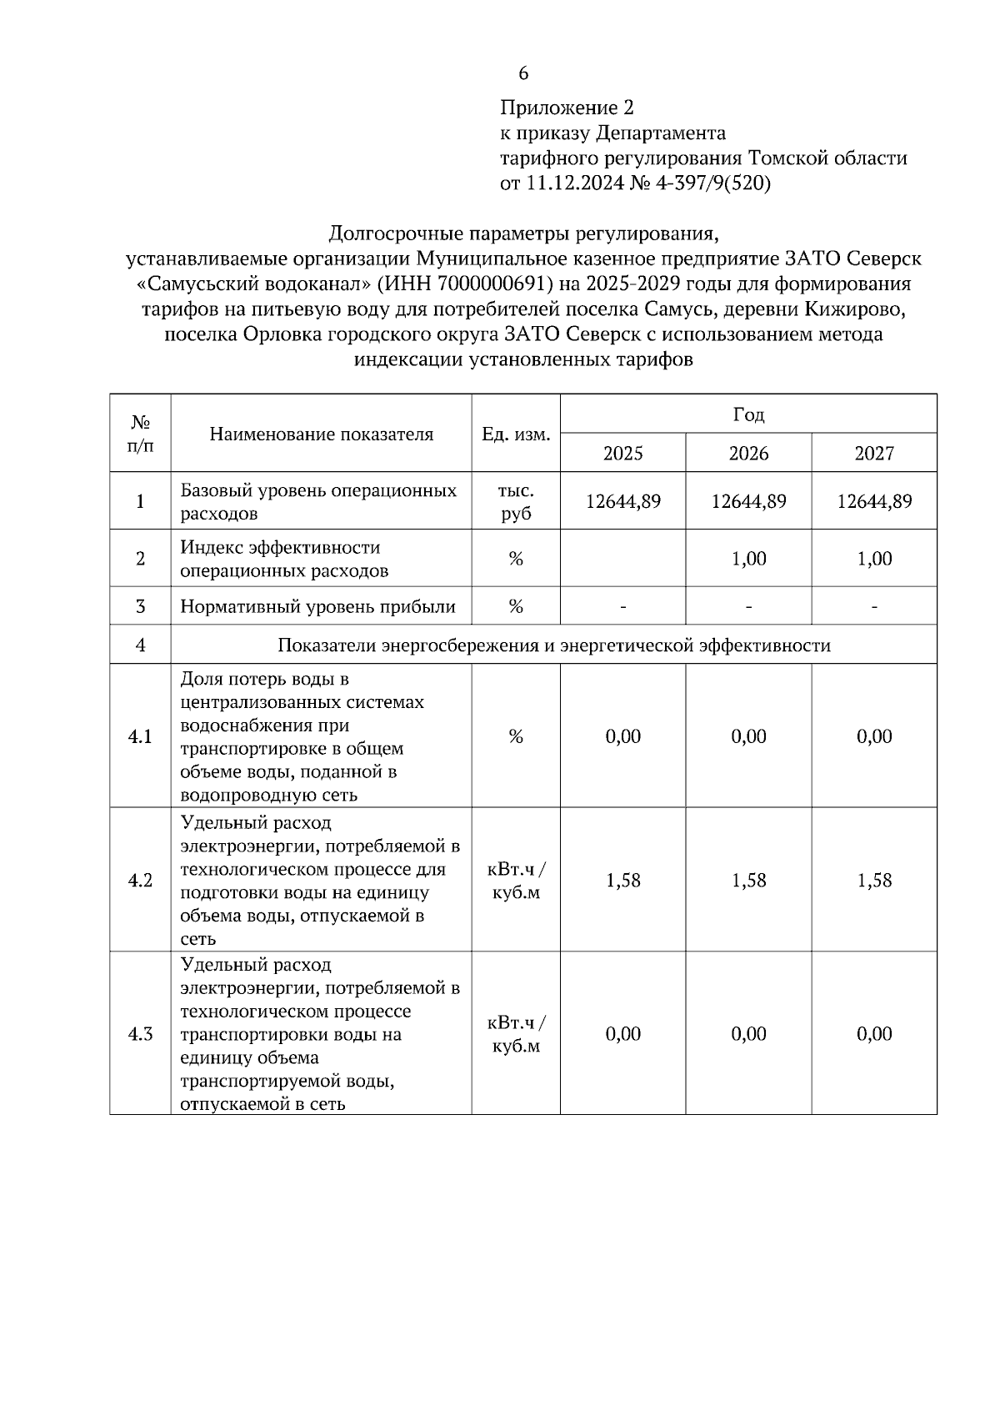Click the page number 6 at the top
pyautogui.click(x=523, y=74)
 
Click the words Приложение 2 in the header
pyautogui.click(x=567, y=108)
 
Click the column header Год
pyautogui.click(x=748, y=414)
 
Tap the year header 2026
pyautogui.click(x=748, y=454)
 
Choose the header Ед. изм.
pyautogui.click(x=516, y=434)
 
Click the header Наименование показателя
pyautogui.click(x=321, y=434)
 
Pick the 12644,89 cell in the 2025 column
pyautogui.click(x=622, y=501)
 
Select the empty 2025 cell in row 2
pyautogui.click(x=622, y=559)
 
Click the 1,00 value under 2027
pyautogui.click(x=874, y=559)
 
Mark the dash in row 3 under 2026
pyautogui.click(x=748, y=607)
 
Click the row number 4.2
pyautogui.click(x=140, y=881)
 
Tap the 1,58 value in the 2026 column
pyautogui.click(x=748, y=881)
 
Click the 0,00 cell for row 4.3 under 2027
pyautogui.click(x=874, y=1034)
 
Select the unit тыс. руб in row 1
pyautogui.click(x=516, y=502)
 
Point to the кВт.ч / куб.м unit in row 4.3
pyautogui.click(x=516, y=1034)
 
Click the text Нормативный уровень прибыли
pyautogui.click(x=317, y=607)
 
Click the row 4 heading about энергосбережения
pyautogui.click(x=553, y=645)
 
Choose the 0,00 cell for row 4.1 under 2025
pyautogui.click(x=622, y=736)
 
